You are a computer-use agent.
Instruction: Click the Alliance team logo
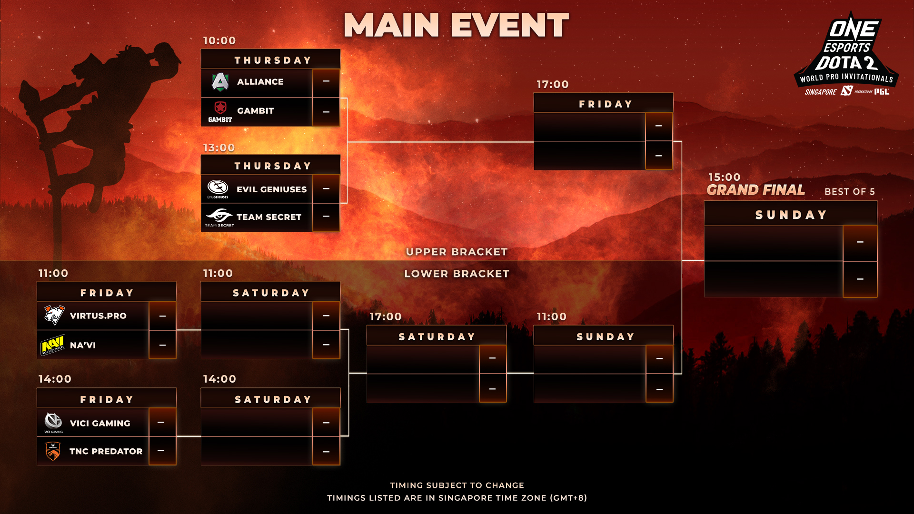point(220,82)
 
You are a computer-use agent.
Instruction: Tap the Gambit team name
point(256,111)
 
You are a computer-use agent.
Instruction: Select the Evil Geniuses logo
point(218,189)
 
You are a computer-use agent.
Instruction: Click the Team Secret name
point(269,217)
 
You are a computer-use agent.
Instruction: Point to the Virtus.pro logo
point(54,315)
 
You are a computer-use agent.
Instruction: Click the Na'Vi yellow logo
point(53,345)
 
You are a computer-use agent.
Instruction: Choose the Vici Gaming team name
point(100,423)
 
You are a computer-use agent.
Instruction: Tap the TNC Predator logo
point(53,451)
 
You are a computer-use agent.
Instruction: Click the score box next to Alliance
point(326,82)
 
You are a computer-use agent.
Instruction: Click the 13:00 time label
point(219,148)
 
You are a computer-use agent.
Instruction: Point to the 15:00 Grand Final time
point(725,177)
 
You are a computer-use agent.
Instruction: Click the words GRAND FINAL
point(756,190)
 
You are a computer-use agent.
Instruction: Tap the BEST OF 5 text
point(850,191)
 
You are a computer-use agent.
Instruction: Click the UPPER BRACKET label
point(457,252)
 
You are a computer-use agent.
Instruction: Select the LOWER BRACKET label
point(457,274)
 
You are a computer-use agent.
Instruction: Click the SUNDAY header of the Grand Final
point(791,215)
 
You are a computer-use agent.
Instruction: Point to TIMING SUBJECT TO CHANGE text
point(457,485)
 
